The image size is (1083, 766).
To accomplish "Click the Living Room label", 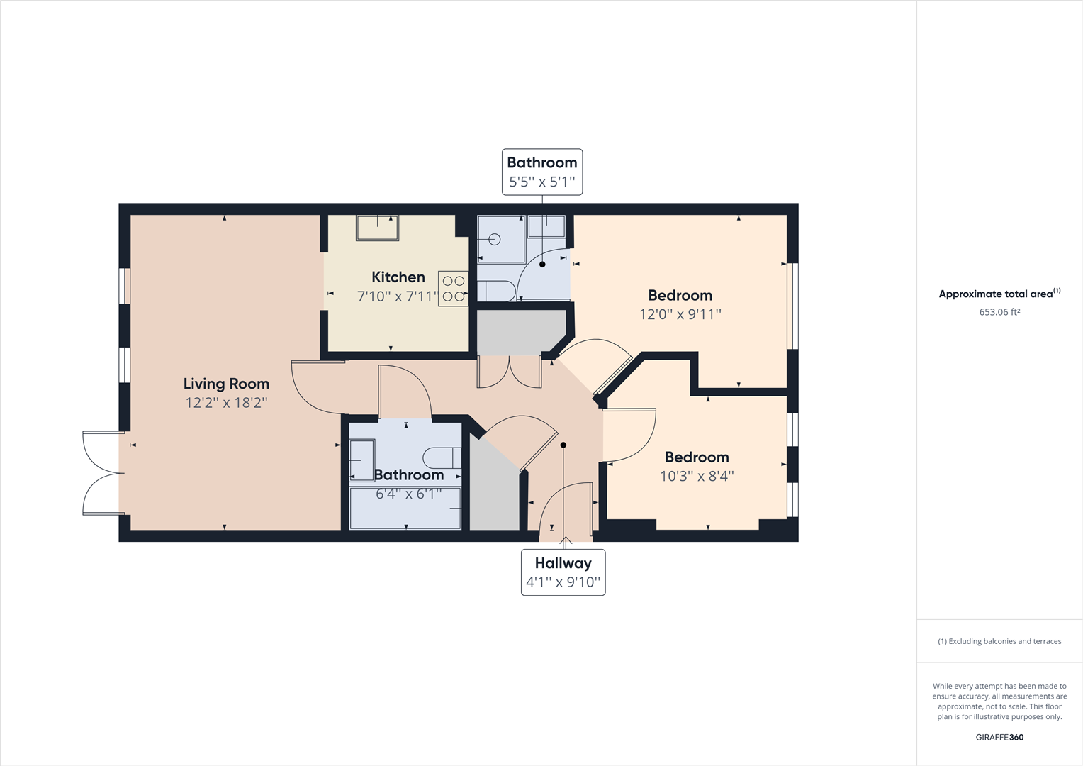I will click(226, 384).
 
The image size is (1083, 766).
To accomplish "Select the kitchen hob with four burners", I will click(453, 289).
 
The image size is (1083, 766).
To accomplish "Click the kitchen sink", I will click(377, 228).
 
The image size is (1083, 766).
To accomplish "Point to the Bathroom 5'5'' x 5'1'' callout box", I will click(542, 172).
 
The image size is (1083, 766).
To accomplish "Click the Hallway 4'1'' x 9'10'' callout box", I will click(563, 572).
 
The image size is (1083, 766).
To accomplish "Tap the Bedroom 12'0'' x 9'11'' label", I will click(680, 296).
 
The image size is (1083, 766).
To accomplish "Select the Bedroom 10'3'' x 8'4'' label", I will click(697, 457).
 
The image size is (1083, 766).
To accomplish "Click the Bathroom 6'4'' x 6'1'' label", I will click(409, 475).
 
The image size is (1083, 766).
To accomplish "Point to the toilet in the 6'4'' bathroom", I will click(442, 457).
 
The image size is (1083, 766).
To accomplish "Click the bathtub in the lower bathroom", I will click(405, 508).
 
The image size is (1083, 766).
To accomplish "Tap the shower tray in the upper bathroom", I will click(500, 239).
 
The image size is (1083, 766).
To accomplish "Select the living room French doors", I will click(103, 473).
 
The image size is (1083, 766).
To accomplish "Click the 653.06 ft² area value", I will click(999, 312).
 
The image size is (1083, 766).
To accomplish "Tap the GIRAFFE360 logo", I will click(999, 737).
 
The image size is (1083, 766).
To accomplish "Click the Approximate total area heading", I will click(996, 294).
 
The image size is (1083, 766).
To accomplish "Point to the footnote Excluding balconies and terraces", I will click(999, 641).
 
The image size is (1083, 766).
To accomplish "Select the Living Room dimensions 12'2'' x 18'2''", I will click(226, 403).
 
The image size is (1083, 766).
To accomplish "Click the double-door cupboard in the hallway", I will click(510, 372).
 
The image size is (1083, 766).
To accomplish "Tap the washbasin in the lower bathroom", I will click(362, 460).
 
